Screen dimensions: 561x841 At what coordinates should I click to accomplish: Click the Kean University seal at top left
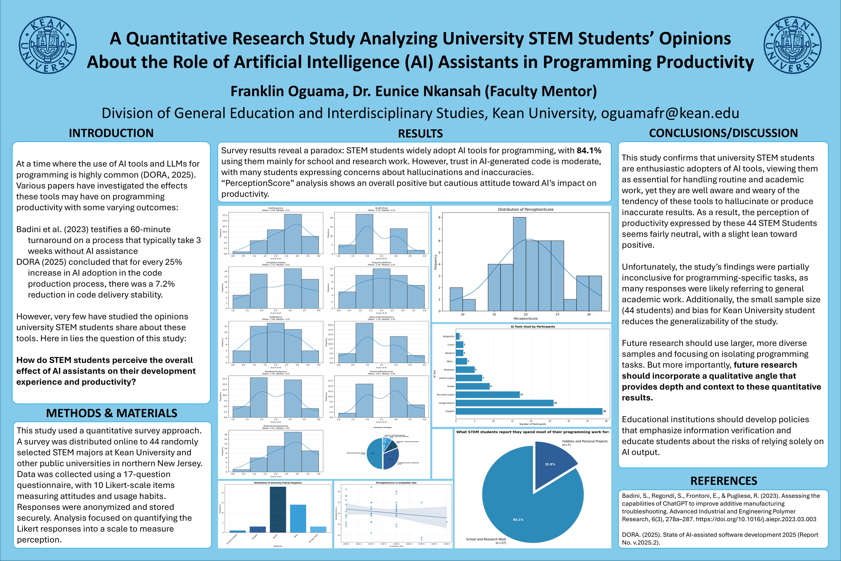(x=47, y=45)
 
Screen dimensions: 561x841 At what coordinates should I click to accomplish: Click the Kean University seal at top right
(x=792, y=45)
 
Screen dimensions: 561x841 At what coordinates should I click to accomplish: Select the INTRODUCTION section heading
(x=111, y=133)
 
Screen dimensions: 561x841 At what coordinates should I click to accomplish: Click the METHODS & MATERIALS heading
(x=112, y=413)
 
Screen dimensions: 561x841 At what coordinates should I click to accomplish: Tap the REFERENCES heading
(x=723, y=481)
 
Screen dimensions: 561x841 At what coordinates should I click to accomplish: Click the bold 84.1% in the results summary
(x=589, y=151)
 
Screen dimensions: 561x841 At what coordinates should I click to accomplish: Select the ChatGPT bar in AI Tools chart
(x=529, y=412)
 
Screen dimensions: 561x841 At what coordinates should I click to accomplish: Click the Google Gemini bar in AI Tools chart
(x=504, y=403)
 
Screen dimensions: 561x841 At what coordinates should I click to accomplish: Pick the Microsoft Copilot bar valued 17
(x=487, y=395)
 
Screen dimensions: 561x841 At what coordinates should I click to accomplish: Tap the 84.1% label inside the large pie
(x=518, y=520)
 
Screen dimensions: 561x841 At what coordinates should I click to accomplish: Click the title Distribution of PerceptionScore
(x=525, y=210)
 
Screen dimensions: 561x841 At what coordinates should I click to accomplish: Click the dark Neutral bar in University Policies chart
(x=278, y=510)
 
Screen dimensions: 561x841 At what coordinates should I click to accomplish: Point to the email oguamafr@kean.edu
(x=670, y=113)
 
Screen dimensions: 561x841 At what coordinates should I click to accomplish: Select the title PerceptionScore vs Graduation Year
(x=396, y=483)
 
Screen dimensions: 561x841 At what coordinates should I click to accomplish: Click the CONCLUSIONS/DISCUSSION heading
(x=723, y=133)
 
